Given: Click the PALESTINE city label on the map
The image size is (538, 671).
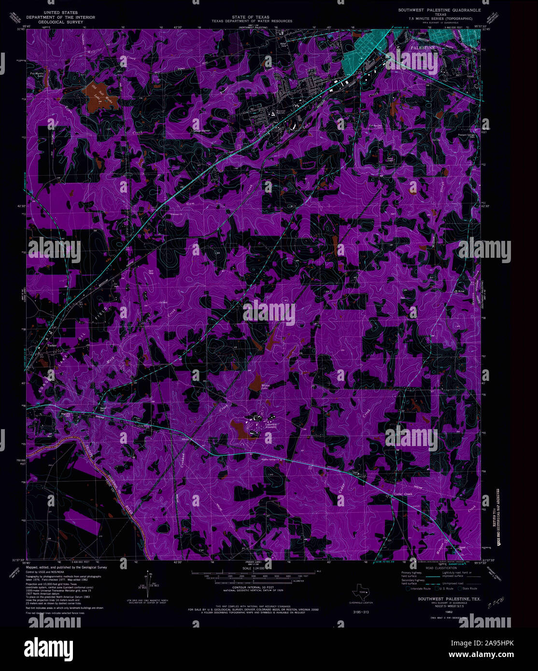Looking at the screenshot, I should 423,48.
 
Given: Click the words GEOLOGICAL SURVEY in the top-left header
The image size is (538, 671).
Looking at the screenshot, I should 67,22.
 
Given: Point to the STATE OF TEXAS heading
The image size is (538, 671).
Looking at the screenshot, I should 251,17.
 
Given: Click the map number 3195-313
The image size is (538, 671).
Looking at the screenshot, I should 358,612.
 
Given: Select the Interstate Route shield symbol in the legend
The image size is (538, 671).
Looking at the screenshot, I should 408,588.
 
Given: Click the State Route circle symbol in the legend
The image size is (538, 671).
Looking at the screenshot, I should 460,588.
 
